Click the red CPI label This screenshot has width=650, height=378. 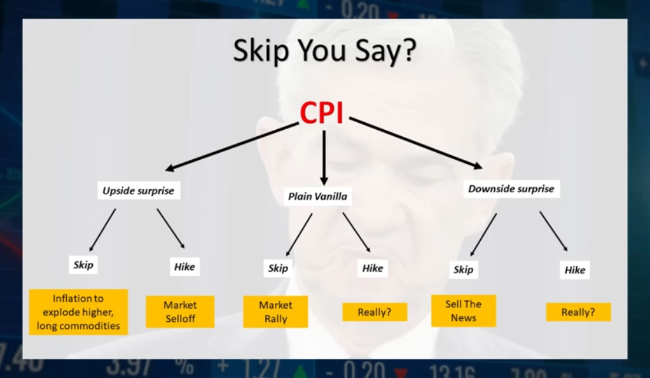(x=321, y=113)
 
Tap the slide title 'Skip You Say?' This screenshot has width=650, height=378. (x=324, y=50)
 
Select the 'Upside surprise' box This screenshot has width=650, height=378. (x=139, y=190)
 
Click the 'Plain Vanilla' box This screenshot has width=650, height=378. (x=317, y=196)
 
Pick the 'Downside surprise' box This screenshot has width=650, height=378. (x=511, y=189)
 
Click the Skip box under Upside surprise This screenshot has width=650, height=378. (x=83, y=265)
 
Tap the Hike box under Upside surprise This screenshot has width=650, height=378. (x=184, y=267)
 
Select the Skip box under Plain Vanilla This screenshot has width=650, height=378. (x=278, y=268)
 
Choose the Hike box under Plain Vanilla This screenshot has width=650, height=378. (x=373, y=268)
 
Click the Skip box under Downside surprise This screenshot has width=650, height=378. (x=464, y=270)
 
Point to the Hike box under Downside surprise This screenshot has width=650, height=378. (x=574, y=270)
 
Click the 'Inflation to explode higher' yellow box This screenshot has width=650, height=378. (x=78, y=312)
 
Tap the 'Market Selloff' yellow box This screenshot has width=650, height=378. (x=180, y=312)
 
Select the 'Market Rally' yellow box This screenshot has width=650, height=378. (x=275, y=312)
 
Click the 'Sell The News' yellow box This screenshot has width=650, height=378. (x=464, y=311)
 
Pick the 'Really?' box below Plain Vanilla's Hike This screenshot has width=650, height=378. (x=375, y=312)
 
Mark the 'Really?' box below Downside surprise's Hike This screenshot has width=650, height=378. (x=578, y=312)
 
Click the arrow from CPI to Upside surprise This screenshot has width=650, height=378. (x=232, y=146)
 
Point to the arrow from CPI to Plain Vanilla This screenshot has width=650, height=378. (x=324, y=158)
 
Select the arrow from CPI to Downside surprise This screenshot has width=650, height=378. (x=416, y=144)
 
